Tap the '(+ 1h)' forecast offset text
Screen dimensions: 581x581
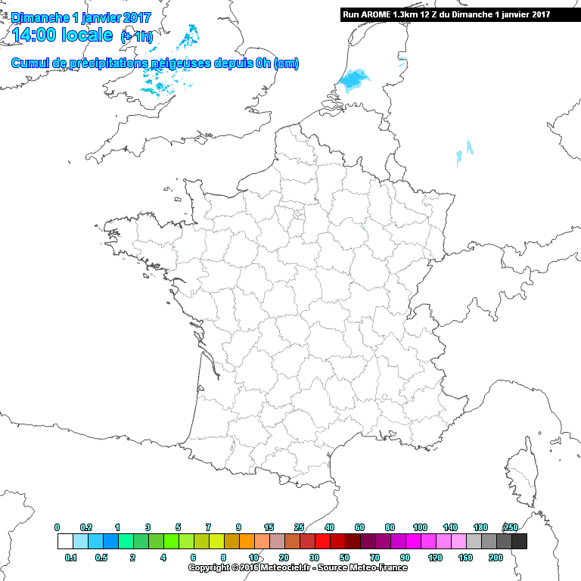point(137,36)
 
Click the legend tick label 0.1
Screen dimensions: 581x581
point(71,558)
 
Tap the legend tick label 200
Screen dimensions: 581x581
point(496,558)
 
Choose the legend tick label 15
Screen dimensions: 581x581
point(269,527)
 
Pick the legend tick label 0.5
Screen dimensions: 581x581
point(102,558)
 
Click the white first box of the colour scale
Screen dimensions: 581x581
point(65,542)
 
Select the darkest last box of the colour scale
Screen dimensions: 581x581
point(519,542)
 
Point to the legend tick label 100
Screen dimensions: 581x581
point(420,527)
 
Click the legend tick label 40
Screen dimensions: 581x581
point(329,527)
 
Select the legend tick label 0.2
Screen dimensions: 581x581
point(86,527)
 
